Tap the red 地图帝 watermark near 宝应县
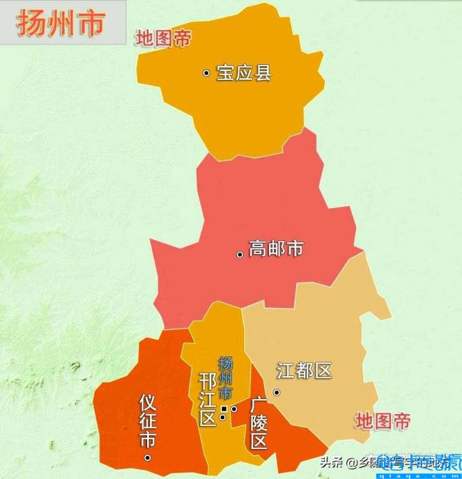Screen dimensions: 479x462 coord(163,39)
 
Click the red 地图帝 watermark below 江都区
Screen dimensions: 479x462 coord(383,421)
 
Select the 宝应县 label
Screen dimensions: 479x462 coord(244,73)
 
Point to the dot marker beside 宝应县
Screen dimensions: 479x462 coord(206,73)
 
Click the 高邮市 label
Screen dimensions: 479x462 coord(276,249)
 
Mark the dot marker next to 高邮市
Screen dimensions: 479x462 coord(240,254)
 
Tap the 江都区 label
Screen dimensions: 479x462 coord(305,370)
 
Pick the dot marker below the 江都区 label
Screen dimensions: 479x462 coord(276,392)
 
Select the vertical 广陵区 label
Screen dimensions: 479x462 coord(259,423)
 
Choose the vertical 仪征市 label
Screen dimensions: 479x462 coord(148,420)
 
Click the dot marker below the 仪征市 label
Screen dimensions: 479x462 coord(148,458)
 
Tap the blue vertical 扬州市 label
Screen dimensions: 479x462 coord(226,378)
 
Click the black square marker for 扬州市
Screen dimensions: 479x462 coord(224,409)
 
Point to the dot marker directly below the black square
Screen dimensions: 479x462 coord(223,417)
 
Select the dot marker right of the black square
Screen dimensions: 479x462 coord(234,409)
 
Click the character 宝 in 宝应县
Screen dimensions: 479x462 coord(225,73)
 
